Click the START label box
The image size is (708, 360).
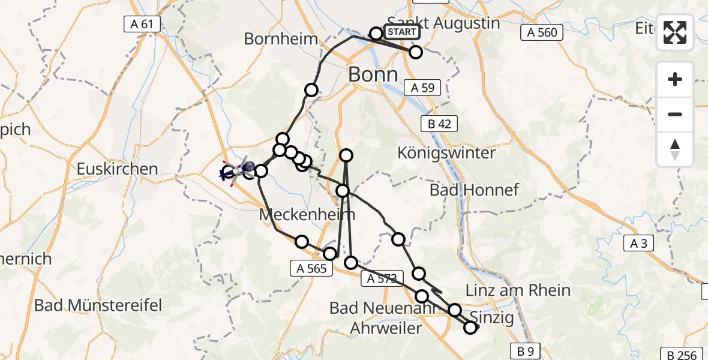coord(402,32)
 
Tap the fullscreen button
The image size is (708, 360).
coord(675,32)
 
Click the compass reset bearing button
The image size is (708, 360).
coord(675,149)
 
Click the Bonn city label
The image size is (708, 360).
coord(373,74)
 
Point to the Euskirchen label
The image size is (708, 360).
coord(118,169)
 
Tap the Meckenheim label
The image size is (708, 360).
coord(307,214)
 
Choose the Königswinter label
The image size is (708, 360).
coord(446,153)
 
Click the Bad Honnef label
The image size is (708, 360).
coord(474,190)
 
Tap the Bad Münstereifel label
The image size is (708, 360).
coord(98,305)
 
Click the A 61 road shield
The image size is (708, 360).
coord(142,25)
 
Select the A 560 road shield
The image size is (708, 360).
coord(542,32)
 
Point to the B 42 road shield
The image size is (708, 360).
coord(440,124)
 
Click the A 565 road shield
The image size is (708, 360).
coord(311,269)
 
